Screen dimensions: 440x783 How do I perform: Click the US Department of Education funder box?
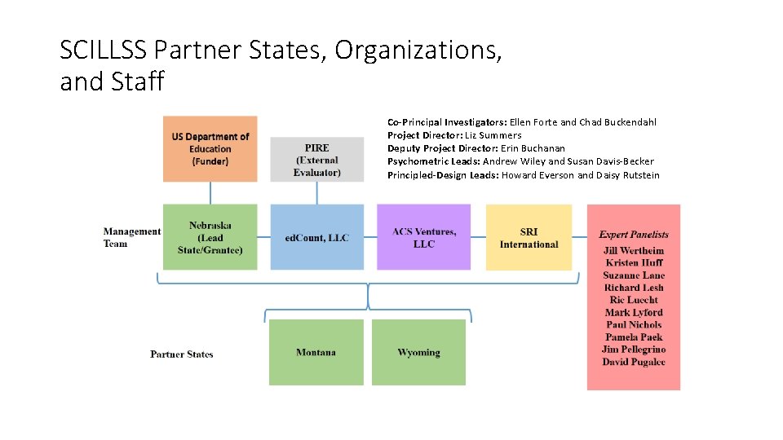[210, 148]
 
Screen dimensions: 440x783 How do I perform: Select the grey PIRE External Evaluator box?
[316, 160]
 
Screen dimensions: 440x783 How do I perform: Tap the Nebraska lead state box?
[210, 237]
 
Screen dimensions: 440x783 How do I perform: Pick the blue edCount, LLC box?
[316, 237]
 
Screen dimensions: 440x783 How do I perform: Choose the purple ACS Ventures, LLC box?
[423, 237]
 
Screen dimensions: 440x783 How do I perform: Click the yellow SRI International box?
[529, 237]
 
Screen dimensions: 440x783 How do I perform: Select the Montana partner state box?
[316, 352]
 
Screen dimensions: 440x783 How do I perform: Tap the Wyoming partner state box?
[418, 352]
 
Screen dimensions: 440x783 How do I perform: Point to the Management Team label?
[131, 237]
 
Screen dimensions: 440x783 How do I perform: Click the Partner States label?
[181, 354]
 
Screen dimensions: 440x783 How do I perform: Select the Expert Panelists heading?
[634, 235]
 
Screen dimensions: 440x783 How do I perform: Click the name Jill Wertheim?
[634, 250]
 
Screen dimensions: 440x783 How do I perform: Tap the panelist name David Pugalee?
[634, 362]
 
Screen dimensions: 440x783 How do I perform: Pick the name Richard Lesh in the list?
[634, 288]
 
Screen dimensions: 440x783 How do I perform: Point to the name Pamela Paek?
[634, 337]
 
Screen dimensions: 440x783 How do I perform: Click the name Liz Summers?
[493, 135]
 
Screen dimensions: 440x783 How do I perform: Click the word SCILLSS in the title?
[104, 51]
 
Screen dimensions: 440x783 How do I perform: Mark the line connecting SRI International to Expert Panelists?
[579, 237]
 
